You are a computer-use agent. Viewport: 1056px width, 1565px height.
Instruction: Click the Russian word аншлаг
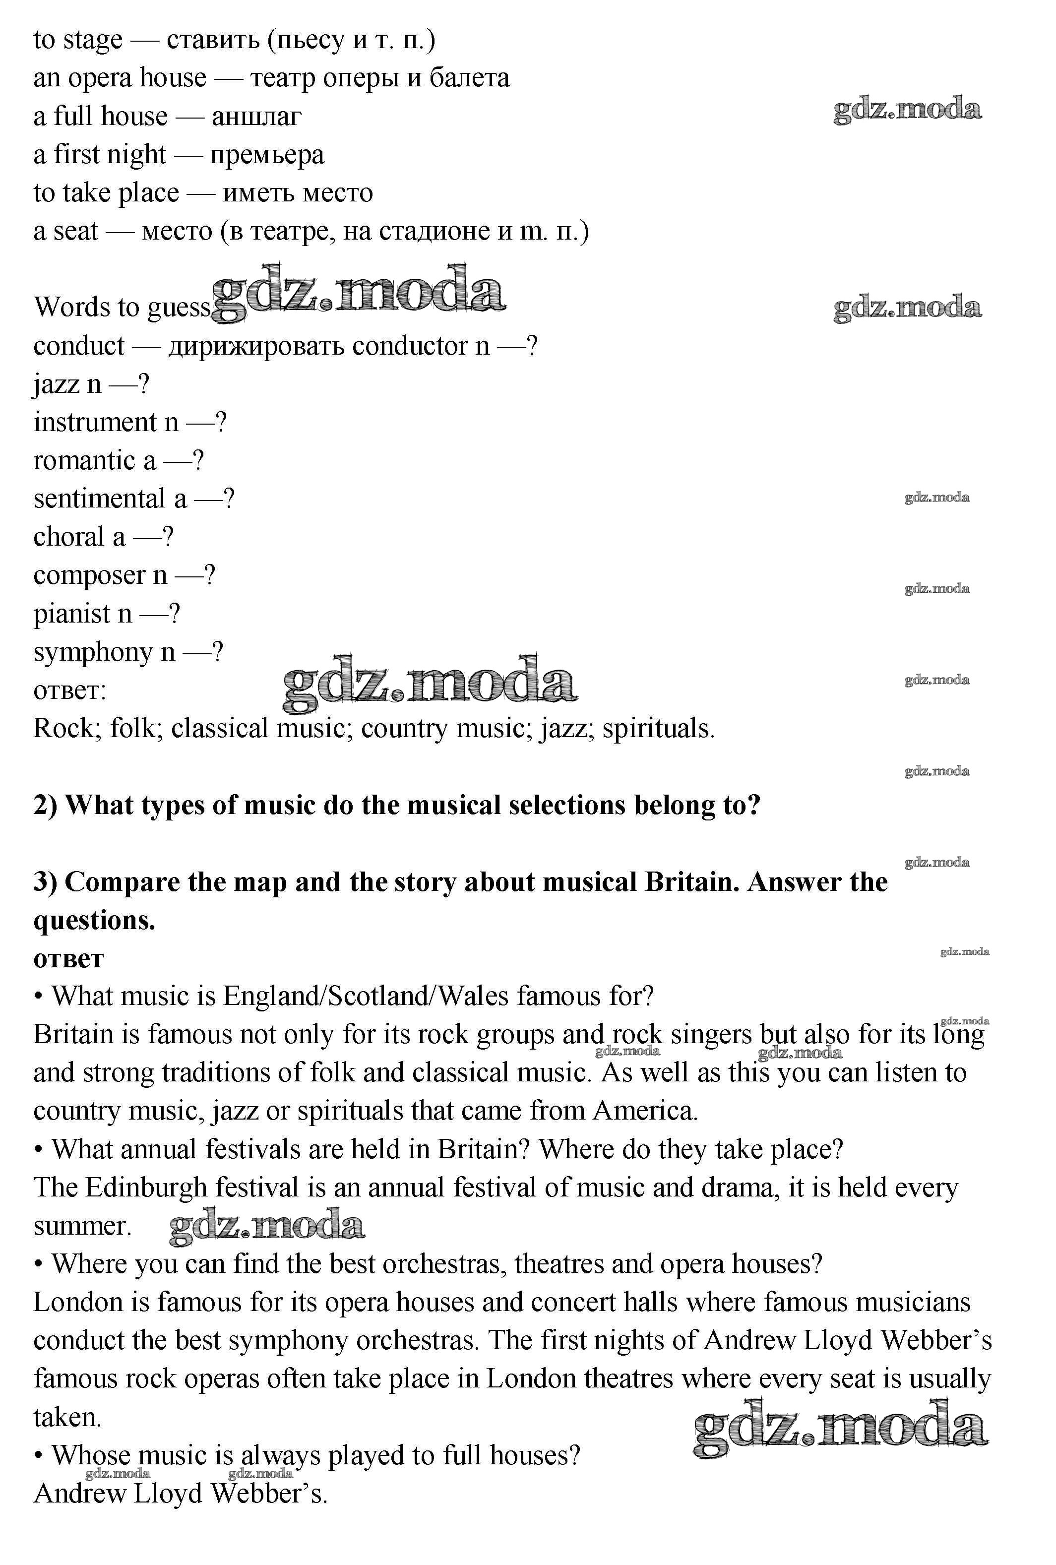[x=256, y=117]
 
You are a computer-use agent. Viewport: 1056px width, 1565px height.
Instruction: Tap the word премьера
[x=267, y=155]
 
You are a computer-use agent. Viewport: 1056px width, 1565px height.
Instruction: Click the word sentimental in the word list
[x=99, y=499]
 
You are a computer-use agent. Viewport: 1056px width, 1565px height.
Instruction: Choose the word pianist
[x=71, y=614]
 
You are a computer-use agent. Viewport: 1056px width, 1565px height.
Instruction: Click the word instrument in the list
[x=94, y=422]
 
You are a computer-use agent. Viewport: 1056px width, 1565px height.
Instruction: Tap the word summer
[x=81, y=1226]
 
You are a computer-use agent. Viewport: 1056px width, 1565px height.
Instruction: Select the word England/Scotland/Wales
[x=365, y=997]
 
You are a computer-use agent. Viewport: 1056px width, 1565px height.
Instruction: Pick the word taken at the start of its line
[x=66, y=1418]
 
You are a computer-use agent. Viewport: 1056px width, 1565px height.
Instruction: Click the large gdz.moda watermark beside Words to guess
[x=358, y=292]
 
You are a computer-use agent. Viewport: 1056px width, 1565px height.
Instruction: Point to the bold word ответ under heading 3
[x=68, y=958]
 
